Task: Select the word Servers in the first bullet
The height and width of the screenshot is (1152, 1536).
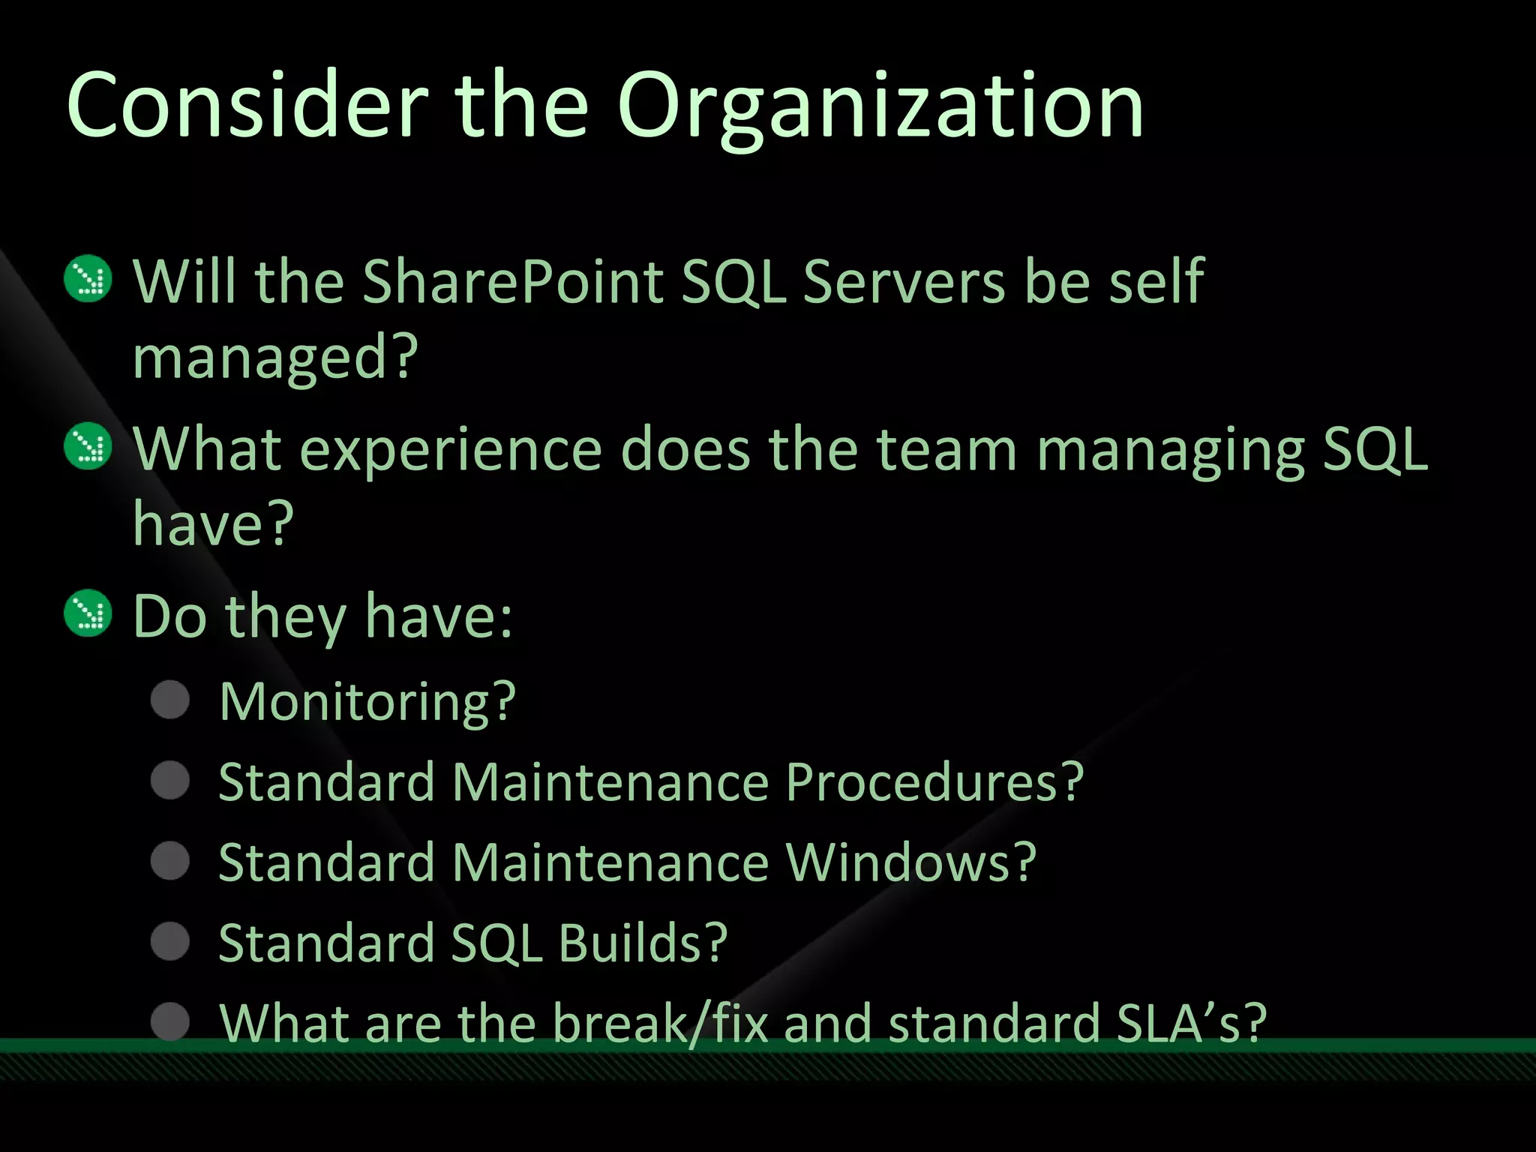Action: (x=903, y=282)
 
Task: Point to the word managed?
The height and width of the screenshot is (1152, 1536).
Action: (x=274, y=358)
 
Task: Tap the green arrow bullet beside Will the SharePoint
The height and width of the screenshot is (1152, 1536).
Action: (x=88, y=279)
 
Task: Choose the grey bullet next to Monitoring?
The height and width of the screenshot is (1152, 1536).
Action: (x=170, y=700)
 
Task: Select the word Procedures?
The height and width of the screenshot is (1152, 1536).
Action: (x=934, y=782)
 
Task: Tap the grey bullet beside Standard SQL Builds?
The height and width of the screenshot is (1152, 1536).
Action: (x=170, y=941)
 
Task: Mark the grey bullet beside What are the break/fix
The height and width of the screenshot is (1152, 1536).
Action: (x=170, y=1021)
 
